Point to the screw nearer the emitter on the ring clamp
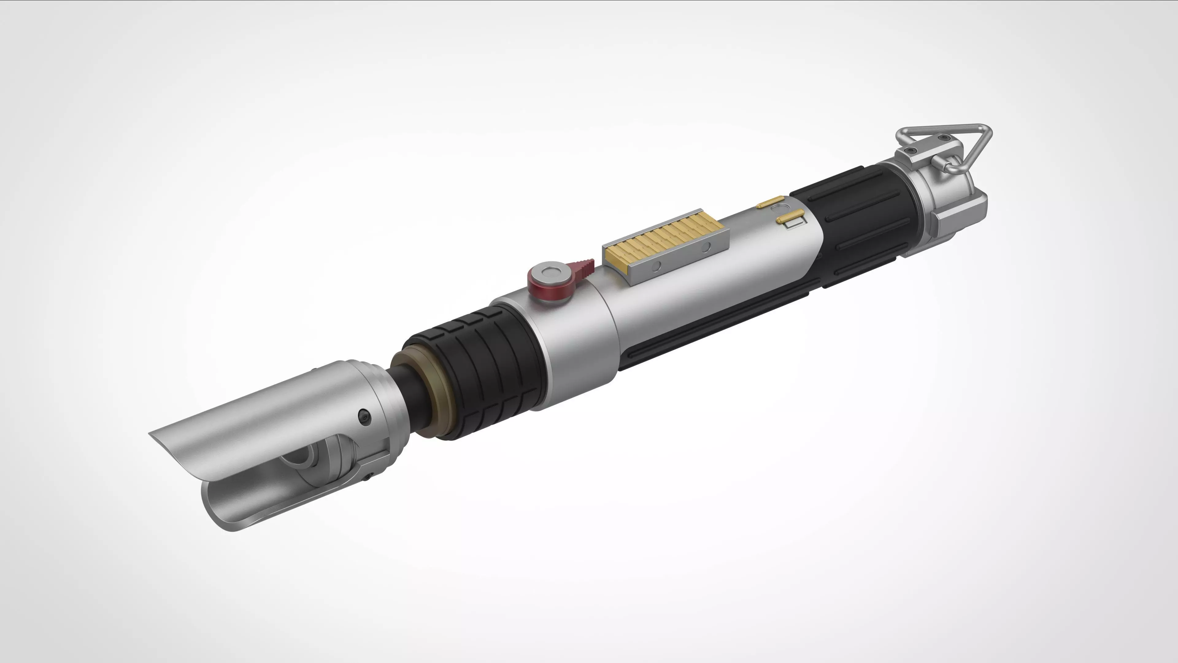point(910,150)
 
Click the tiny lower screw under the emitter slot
point(367,476)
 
